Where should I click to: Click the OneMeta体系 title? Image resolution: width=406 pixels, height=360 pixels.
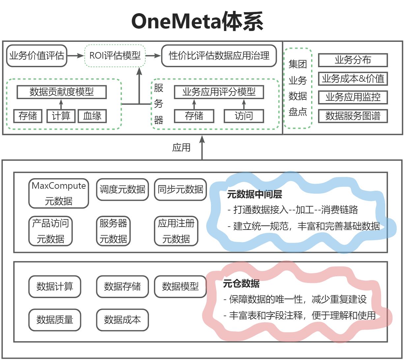pyautogui.click(x=197, y=21)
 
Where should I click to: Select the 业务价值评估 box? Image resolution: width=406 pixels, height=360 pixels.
pyautogui.click(x=37, y=56)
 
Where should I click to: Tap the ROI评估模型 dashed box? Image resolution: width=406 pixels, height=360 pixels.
pyautogui.click(x=115, y=56)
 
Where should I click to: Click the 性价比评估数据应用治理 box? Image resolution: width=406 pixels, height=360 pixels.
pyautogui.click(x=219, y=56)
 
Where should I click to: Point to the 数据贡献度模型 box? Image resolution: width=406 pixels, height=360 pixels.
pyautogui.click(x=62, y=92)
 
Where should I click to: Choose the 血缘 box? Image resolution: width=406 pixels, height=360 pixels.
pyautogui.click(x=92, y=116)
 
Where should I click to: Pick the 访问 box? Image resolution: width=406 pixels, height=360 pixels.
pyautogui.click(x=244, y=116)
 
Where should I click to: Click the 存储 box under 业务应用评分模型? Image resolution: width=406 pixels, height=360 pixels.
pyautogui.click(x=194, y=116)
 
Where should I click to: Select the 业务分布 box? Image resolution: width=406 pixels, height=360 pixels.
pyautogui.click(x=353, y=60)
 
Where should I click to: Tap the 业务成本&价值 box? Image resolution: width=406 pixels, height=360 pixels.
pyautogui.click(x=353, y=79)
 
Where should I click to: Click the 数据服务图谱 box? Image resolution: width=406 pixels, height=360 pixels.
pyautogui.click(x=353, y=116)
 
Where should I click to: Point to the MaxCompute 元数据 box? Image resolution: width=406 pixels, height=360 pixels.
pyautogui.click(x=59, y=193)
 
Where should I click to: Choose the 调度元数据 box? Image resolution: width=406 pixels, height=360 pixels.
pyautogui.click(x=122, y=189)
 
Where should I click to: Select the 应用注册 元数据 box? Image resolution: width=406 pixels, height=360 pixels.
pyautogui.click(x=176, y=231)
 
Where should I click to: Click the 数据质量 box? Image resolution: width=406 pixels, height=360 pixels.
pyautogui.click(x=55, y=319)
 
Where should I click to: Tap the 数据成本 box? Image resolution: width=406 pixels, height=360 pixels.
pyautogui.click(x=122, y=319)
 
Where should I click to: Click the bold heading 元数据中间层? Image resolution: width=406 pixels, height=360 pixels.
pyautogui.click(x=254, y=195)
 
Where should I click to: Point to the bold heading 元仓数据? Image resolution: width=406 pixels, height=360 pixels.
pyautogui.click(x=241, y=284)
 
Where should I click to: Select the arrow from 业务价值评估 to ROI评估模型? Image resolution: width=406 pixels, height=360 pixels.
pyautogui.click(x=75, y=56)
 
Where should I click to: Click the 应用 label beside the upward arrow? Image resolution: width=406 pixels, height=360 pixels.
pyautogui.click(x=181, y=148)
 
